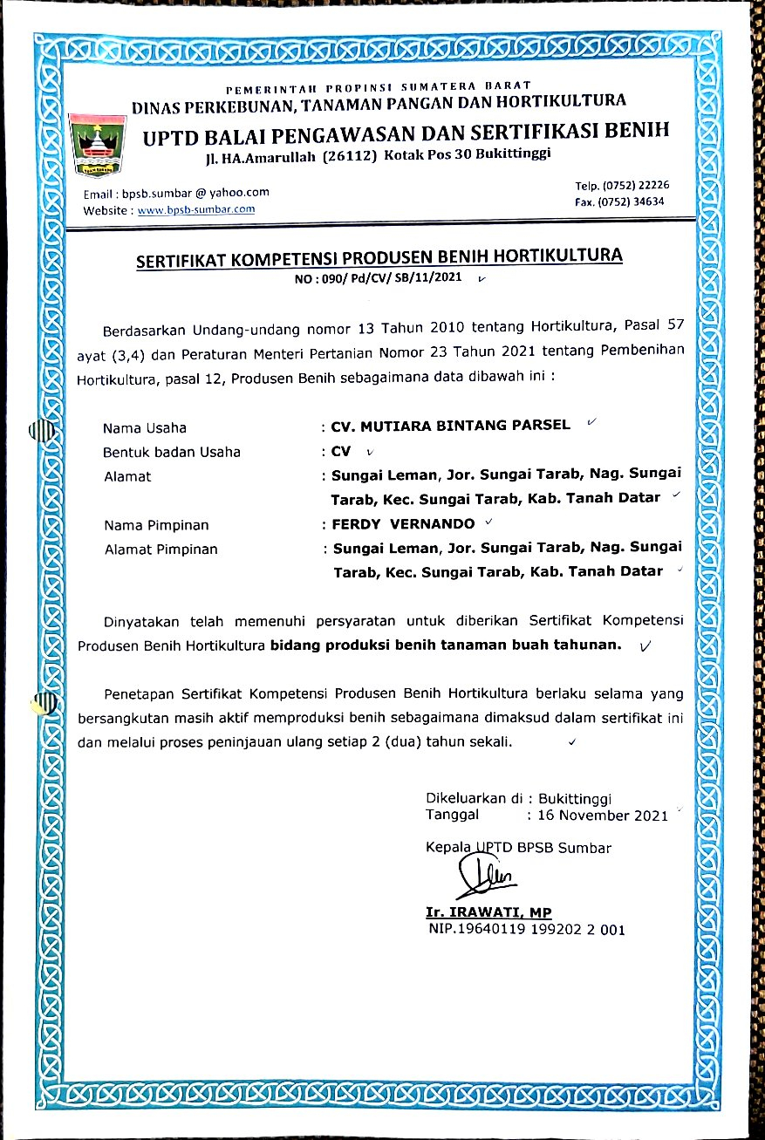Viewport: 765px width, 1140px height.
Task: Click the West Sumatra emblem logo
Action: coord(99,143)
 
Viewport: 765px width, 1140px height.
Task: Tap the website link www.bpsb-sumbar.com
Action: coord(196,209)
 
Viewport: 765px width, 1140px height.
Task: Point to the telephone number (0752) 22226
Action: coord(637,185)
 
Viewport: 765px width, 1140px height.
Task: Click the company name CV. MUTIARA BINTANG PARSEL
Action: coord(450,426)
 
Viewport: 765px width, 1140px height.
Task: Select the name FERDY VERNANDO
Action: coord(403,525)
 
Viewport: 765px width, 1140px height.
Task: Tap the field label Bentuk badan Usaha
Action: coord(172,452)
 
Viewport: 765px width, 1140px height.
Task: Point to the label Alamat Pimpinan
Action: coord(161,550)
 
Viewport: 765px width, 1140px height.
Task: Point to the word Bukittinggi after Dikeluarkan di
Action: coord(575,798)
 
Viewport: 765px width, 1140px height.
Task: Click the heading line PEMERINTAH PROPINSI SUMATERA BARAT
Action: coord(378,88)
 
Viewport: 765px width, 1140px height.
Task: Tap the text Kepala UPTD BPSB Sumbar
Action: coord(518,847)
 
